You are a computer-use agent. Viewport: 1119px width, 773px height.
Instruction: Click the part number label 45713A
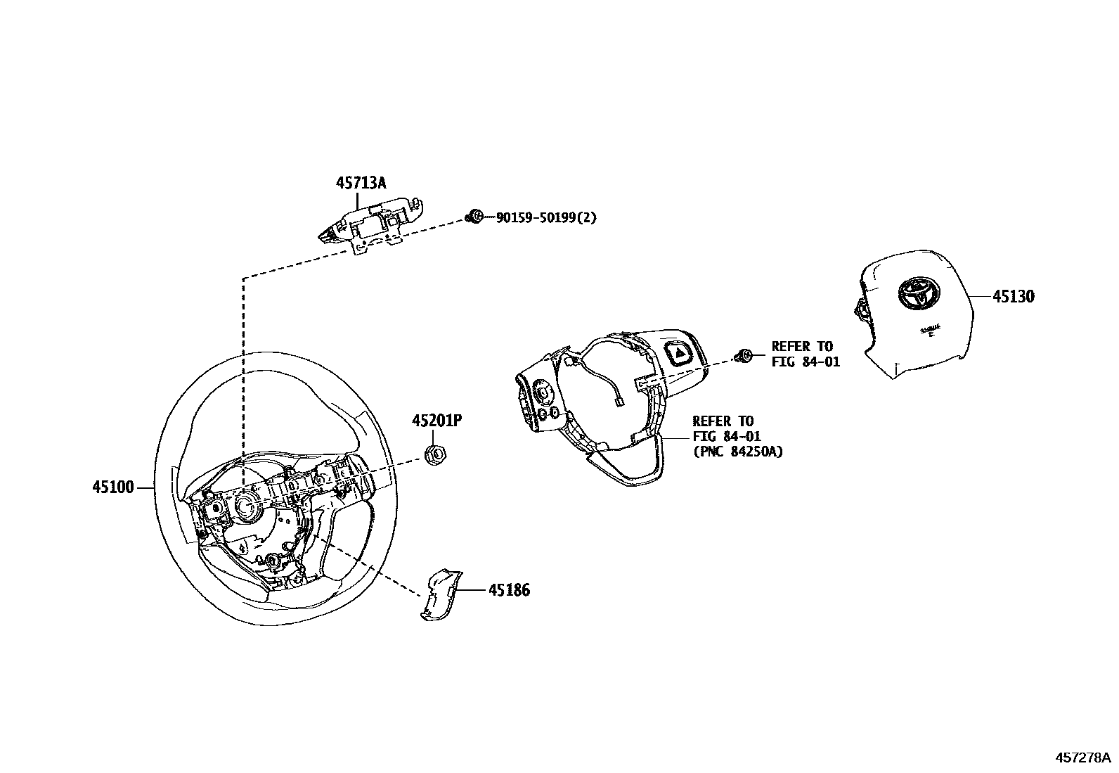pos(361,183)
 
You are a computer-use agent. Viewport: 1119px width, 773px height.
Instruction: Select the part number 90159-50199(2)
pos(546,218)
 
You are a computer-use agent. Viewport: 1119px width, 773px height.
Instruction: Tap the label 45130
pos(1013,297)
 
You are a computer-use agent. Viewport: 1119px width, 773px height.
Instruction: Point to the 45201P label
pos(436,421)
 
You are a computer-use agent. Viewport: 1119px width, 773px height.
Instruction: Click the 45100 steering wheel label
pos(112,487)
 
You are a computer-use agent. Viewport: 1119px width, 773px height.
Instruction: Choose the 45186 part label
pos(510,590)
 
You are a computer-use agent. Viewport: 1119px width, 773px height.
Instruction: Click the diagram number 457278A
pos(1082,758)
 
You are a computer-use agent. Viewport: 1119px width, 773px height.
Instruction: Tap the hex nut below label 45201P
pos(436,455)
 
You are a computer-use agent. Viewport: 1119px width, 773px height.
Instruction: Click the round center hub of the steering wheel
pos(247,505)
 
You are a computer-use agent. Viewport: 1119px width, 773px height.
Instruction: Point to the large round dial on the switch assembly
pos(543,389)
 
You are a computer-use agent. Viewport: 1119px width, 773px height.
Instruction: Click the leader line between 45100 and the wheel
pos(145,487)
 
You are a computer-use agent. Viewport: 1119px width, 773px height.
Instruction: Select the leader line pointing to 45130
pos(981,296)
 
